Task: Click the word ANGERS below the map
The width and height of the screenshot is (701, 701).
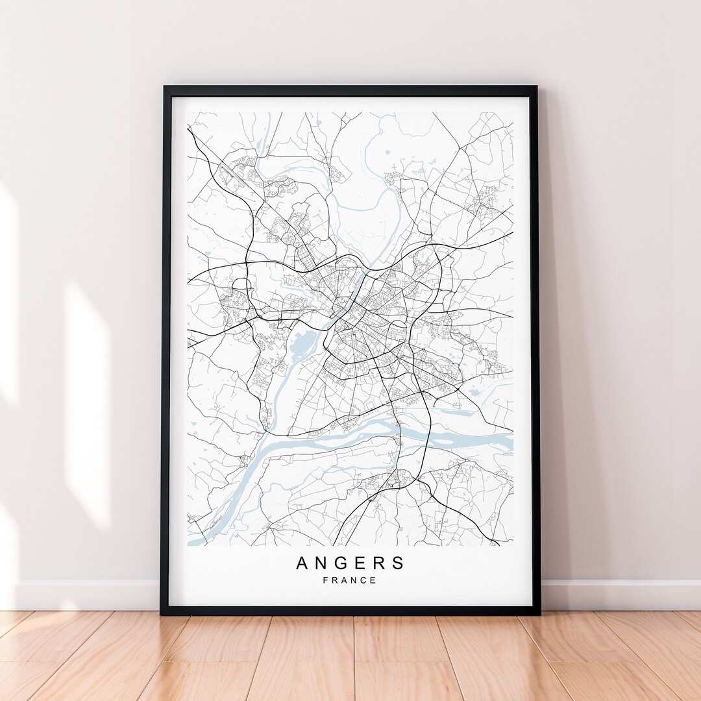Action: click(x=350, y=563)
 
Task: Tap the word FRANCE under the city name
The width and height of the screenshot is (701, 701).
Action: click(x=350, y=580)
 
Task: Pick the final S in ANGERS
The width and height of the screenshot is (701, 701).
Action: click(x=398, y=563)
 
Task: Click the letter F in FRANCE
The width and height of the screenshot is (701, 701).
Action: click(x=325, y=580)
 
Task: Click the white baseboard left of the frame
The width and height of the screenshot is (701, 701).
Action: click(x=84, y=594)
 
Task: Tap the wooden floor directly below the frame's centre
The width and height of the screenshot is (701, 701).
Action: click(x=350, y=656)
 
